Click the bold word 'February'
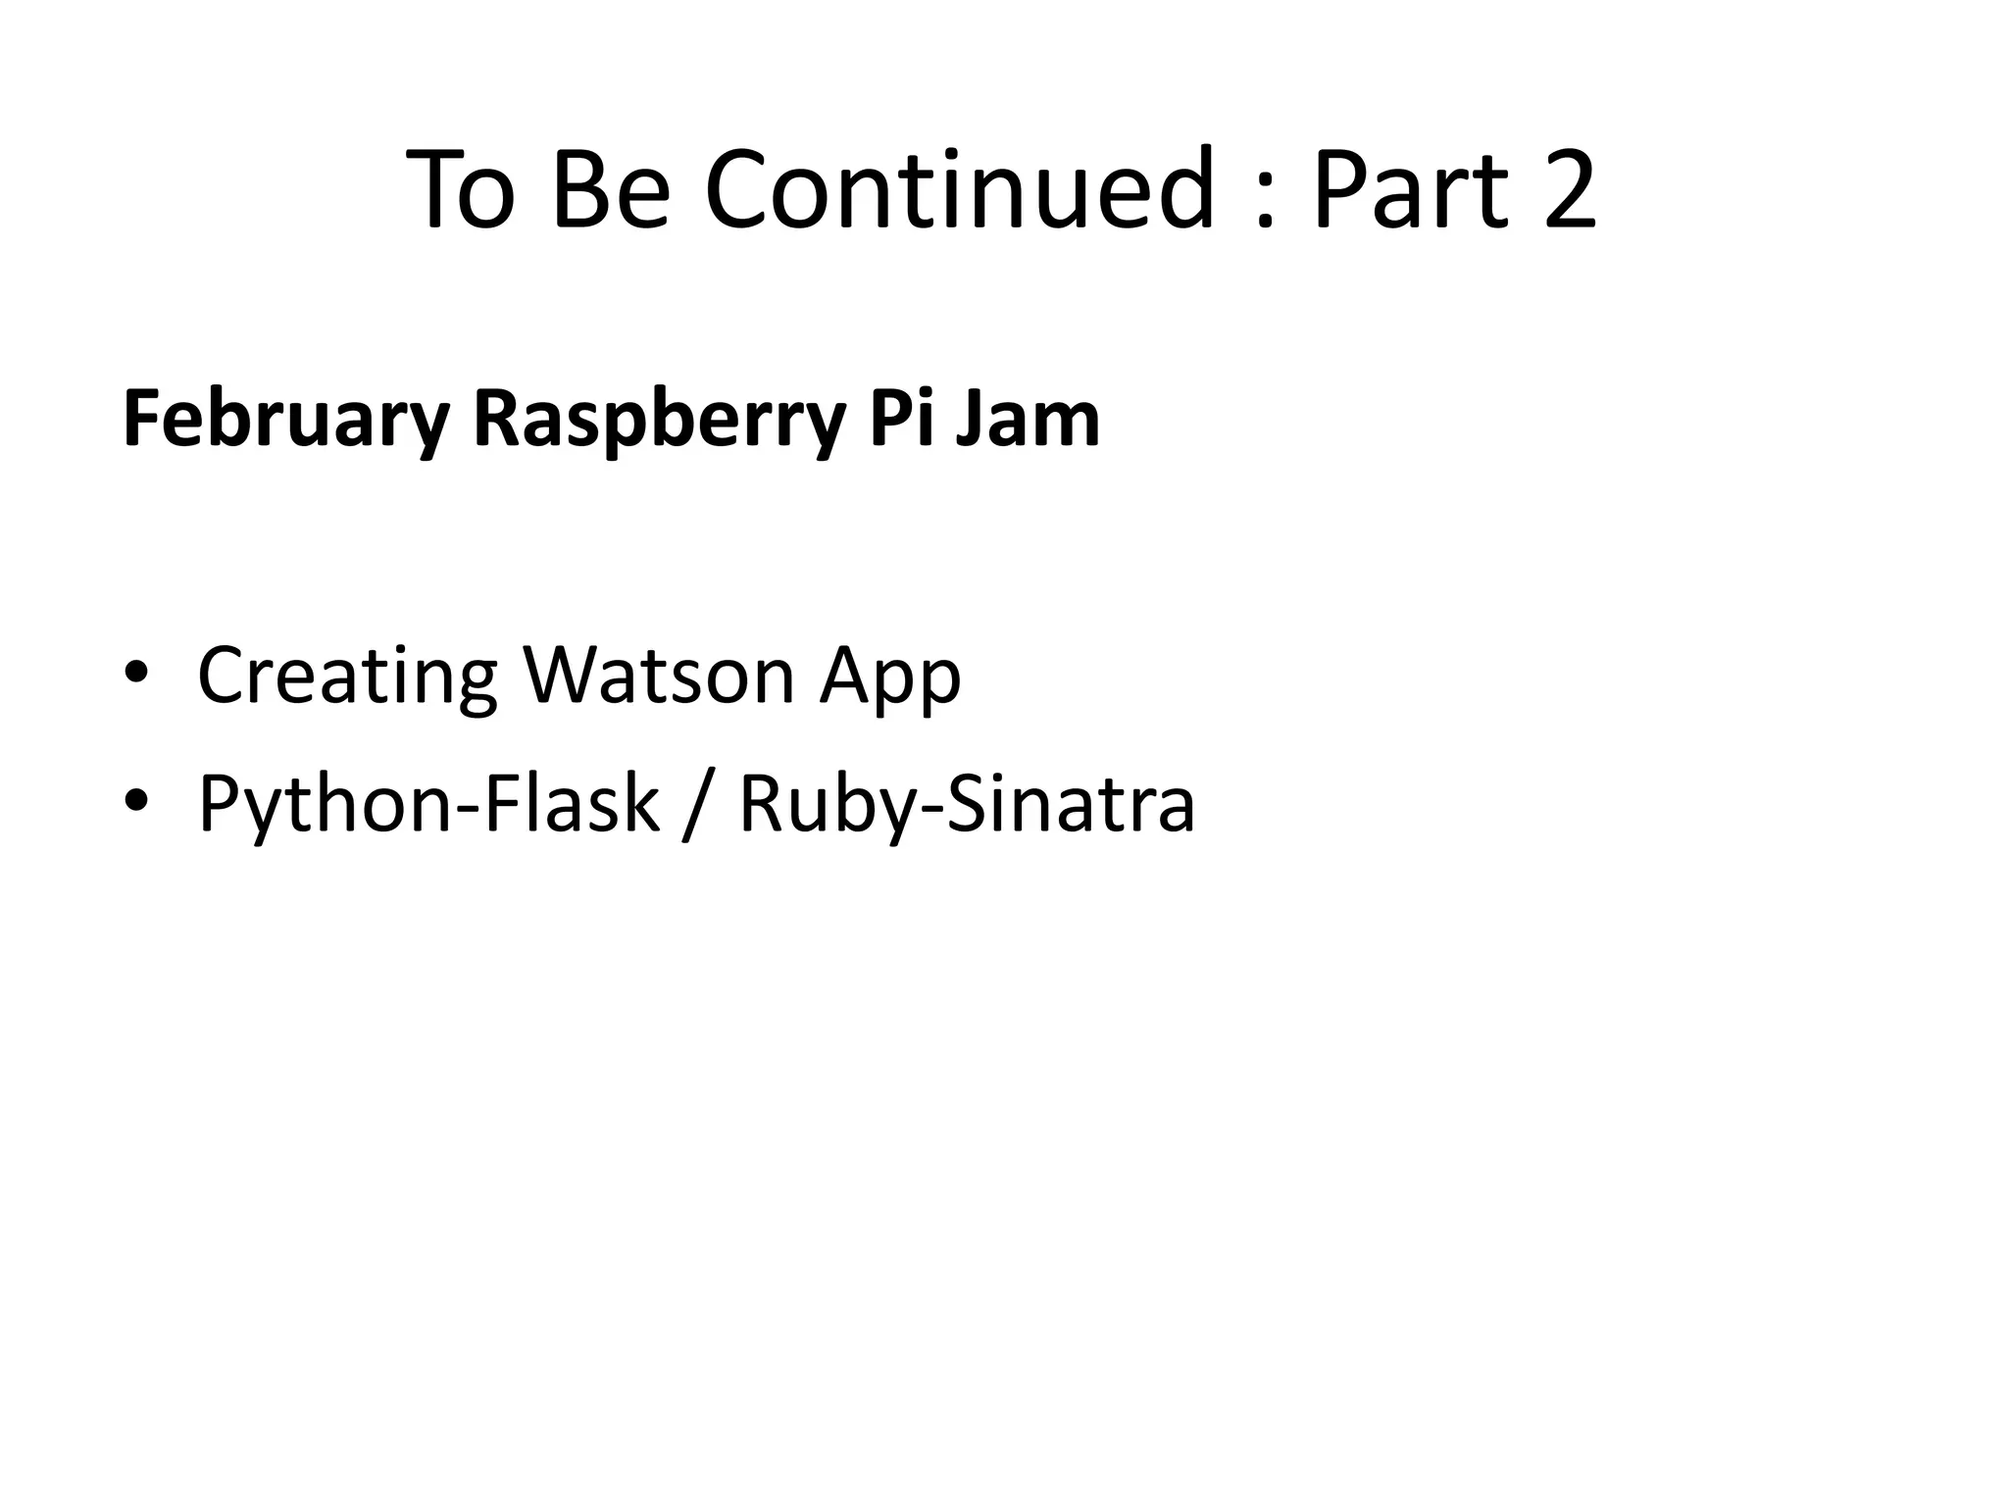[x=285, y=420]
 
